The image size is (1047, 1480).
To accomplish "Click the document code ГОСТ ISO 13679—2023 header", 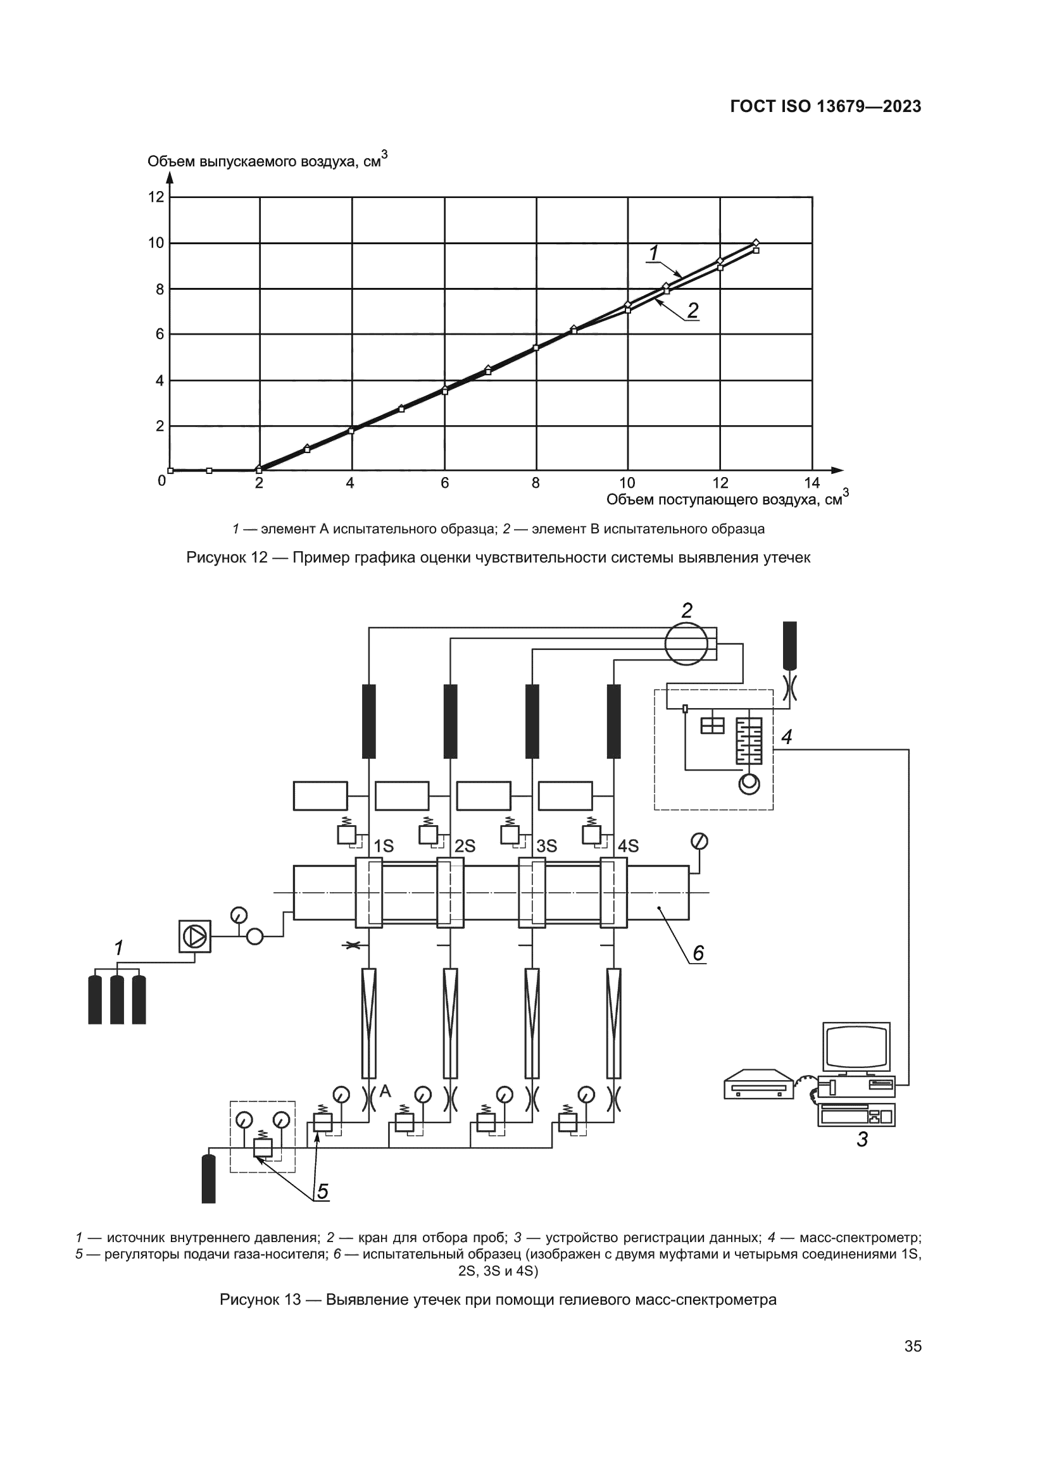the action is (x=826, y=106).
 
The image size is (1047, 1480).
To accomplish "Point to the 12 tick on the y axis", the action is (x=156, y=197).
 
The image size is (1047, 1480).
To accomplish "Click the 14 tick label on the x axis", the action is (x=812, y=483).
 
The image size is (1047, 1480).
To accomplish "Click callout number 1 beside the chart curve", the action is (x=654, y=253).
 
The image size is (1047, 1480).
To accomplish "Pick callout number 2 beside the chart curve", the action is (x=693, y=311).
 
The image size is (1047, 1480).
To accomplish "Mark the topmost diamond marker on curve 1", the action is (x=756, y=242).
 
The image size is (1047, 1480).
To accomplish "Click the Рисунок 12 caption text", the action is (x=498, y=557).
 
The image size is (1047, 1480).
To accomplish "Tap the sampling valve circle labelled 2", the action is (x=686, y=644).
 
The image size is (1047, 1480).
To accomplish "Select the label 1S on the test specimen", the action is (x=384, y=847).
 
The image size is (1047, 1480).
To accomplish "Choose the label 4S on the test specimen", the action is (x=629, y=847).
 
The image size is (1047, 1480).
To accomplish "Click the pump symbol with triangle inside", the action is (x=195, y=935).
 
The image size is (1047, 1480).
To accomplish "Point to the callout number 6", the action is (x=698, y=953).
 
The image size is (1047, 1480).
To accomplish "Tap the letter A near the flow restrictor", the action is (x=386, y=1091).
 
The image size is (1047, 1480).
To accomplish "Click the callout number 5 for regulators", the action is (x=323, y=1192).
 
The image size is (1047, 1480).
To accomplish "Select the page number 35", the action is (x=913, y=1346).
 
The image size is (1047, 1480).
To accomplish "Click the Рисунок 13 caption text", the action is (x=498, y=1300).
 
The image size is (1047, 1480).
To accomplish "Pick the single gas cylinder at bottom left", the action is (x=208, y=1178).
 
